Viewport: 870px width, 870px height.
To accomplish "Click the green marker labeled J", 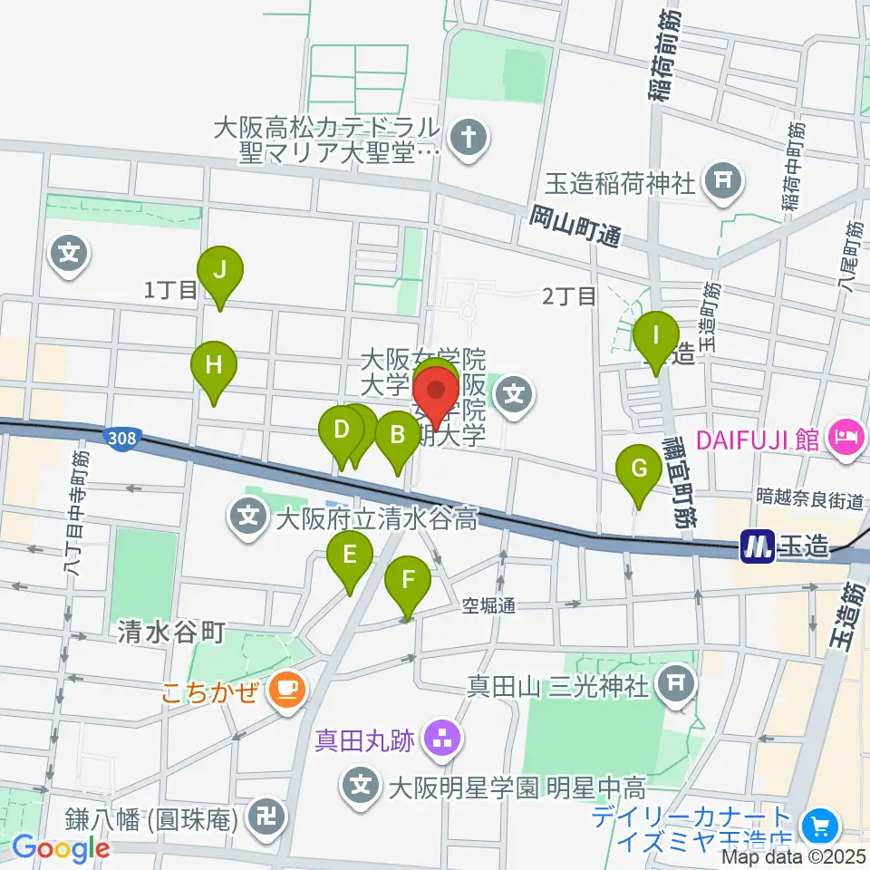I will point(219,269).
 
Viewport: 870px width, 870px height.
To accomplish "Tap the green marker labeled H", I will point(214,366).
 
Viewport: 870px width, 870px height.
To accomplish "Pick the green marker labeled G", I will point(638,469).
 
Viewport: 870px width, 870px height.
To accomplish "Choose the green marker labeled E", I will point(350,553).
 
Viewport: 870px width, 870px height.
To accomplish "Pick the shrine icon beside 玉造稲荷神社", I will point(722,179).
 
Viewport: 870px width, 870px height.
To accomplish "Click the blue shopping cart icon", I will point(820,826).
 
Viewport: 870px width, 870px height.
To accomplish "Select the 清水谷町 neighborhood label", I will point(171,632).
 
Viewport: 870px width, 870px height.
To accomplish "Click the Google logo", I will point(61,849).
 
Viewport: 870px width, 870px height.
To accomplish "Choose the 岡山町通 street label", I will point(575,227).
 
